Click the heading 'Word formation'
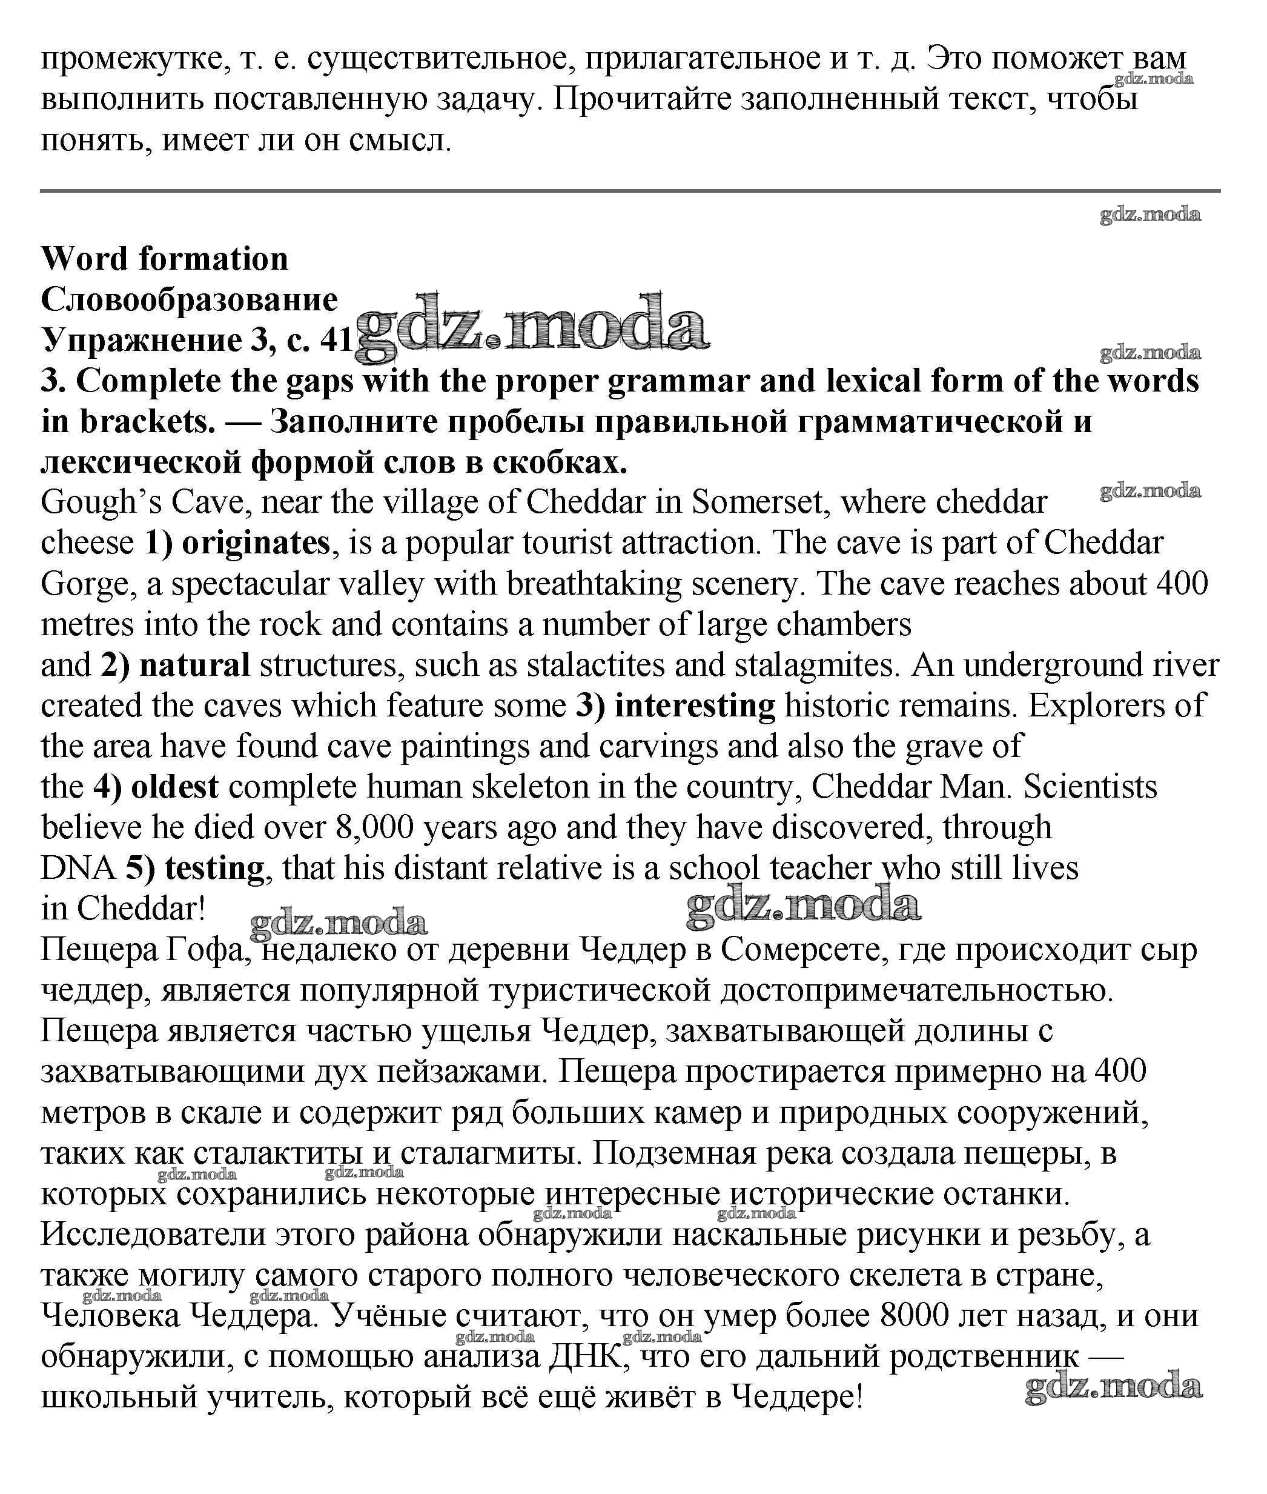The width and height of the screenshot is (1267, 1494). click(x=165, y=259)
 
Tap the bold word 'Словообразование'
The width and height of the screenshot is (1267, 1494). click(x=189, y=299)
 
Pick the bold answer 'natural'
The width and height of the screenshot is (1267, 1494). click(x=194, y=665)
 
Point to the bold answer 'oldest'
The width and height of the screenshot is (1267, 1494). click(x=174, y=787)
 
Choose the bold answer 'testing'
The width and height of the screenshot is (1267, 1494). click(x=214, y=869)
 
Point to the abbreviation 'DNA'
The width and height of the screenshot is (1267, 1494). click(x=78, y=869)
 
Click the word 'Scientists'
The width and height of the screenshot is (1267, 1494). click(x=1090, y=787)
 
